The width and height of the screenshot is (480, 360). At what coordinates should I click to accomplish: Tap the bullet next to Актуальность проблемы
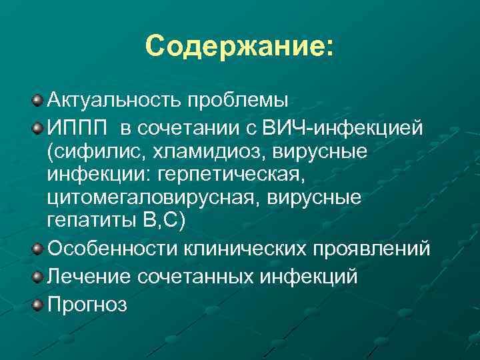click(x=38, y=101)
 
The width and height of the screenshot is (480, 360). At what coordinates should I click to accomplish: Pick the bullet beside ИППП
click(x=38, y=126)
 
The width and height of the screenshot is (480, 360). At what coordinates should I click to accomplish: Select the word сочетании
click(x=187, y=126)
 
